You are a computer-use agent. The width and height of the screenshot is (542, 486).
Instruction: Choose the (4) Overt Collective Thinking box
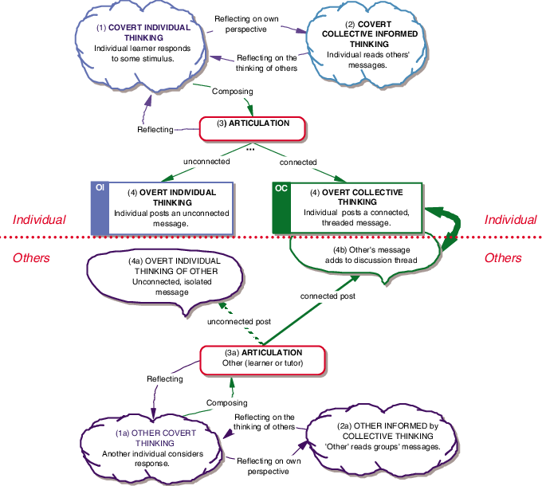point(355,208)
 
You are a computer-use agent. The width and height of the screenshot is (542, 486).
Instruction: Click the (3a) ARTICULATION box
point(261,359)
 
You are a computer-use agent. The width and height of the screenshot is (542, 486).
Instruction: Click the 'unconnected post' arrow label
point(239,322)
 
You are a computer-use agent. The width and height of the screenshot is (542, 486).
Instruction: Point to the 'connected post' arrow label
point(328,296)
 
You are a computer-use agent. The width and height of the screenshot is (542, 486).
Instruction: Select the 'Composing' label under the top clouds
point(232,91)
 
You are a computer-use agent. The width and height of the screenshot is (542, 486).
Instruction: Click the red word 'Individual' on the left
point(39,219)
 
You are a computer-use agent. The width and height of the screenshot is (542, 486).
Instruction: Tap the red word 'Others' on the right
point(503,258)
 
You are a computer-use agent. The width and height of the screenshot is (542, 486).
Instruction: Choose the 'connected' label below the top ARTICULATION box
point(297,162)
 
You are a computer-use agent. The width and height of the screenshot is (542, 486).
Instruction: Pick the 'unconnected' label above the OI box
point(206,162)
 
